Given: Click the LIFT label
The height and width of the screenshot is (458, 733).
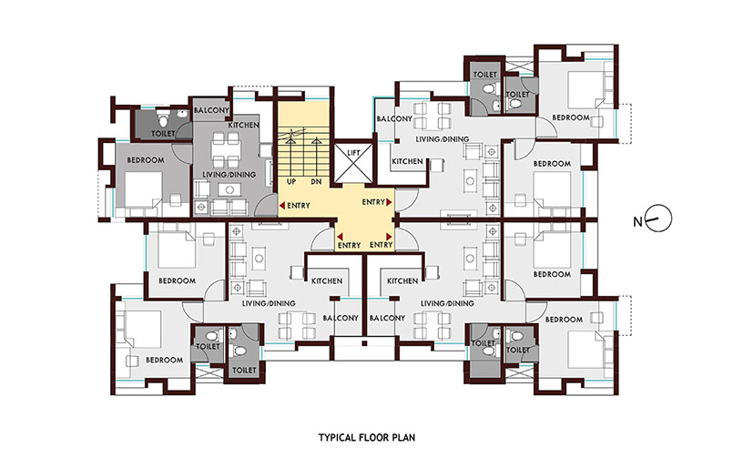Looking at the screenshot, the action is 353,153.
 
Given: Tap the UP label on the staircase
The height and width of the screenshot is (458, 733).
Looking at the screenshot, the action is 291,181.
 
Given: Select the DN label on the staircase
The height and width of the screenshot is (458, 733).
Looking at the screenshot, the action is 317,181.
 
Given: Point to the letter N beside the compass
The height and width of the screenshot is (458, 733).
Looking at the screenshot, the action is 637,222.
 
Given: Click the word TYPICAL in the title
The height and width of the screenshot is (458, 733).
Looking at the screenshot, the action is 338,438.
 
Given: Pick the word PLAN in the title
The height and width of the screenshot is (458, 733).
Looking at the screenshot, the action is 403,438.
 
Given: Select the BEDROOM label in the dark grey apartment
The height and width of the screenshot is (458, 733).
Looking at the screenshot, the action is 146,160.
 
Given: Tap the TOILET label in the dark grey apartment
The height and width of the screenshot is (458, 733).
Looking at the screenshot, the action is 163,134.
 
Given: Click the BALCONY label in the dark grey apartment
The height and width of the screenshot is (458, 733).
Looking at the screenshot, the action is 211,110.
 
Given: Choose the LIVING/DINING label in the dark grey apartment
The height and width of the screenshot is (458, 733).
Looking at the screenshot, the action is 229,174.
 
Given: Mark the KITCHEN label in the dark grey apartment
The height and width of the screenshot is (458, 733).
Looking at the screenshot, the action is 243,126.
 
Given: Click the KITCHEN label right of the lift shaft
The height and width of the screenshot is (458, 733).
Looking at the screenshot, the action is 407,161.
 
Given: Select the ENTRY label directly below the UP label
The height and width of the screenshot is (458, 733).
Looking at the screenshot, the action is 299,206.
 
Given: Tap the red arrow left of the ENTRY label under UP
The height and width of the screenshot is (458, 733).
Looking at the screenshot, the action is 282,206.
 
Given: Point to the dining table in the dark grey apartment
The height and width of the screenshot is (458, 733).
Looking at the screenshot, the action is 226,150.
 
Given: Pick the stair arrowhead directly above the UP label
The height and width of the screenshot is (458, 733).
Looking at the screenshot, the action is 290,138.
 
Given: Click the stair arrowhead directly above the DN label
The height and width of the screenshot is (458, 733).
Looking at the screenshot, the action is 317,138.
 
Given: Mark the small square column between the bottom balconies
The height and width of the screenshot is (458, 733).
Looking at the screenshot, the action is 364,344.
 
